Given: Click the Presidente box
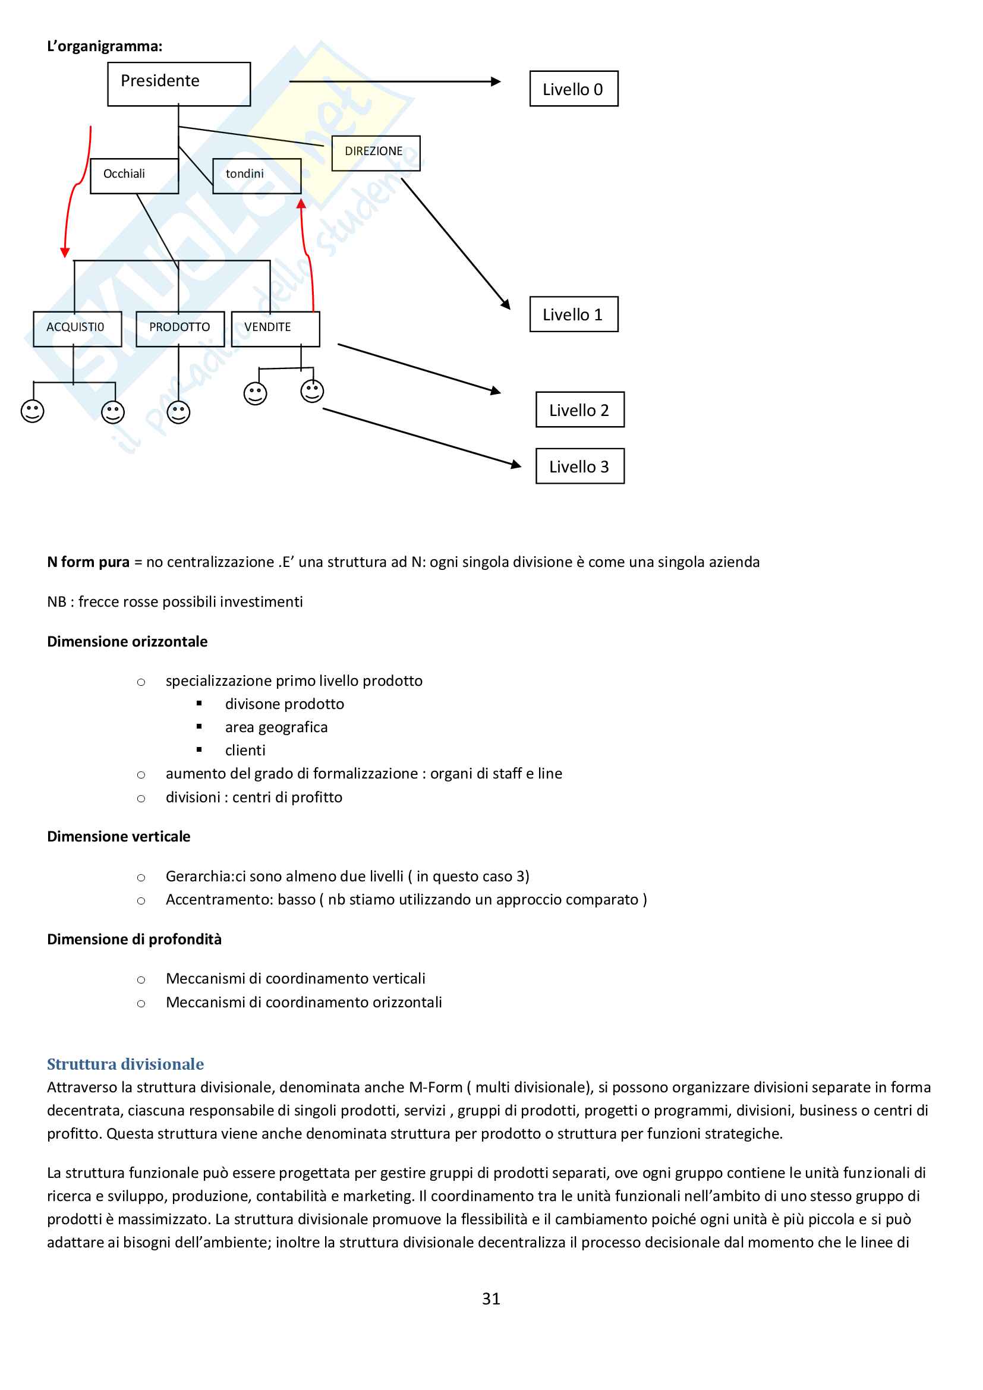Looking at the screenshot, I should (x=178, y=84).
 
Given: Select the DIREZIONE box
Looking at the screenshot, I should (x=375, y=153).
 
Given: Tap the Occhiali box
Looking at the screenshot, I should (x=134, y=175).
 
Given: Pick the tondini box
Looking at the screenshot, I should (x=257, y=175).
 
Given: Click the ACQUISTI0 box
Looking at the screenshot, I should (x=77, y=329).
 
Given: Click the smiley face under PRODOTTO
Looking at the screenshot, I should (x=178, y=412).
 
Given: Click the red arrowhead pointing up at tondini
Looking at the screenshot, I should (x=301, y=204).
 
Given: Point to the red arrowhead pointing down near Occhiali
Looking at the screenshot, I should (x=65, y=253).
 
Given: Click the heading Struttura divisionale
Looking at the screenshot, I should (x=125, y=1064).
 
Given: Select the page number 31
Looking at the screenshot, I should (x=491, y=1298).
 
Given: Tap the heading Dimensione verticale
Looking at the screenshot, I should (x=119, y=836).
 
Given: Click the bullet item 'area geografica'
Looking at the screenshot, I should (x=276, y=727).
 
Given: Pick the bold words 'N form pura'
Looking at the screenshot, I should (x=89, y=562).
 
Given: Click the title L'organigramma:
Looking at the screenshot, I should (x=105, y=46).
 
